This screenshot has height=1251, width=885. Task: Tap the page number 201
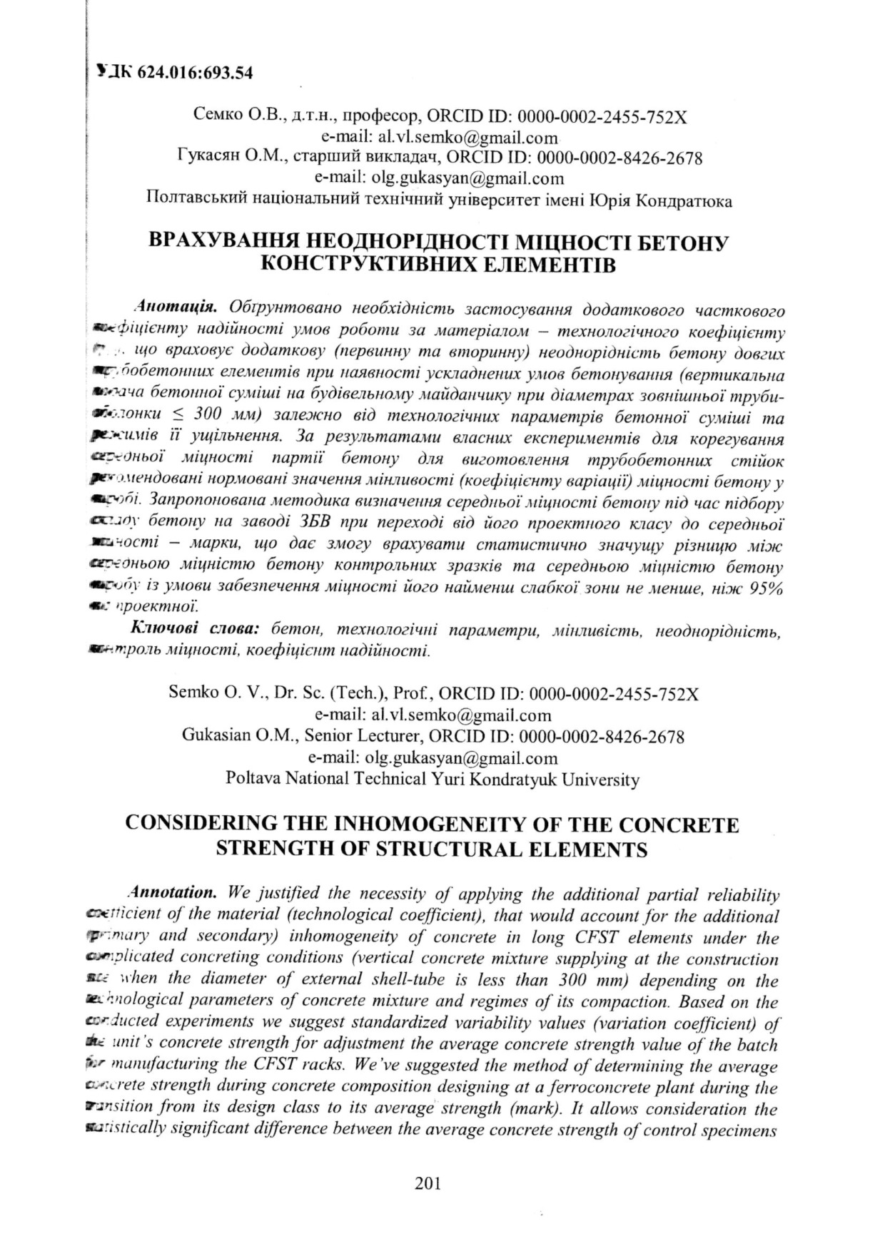coord(428,1183)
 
